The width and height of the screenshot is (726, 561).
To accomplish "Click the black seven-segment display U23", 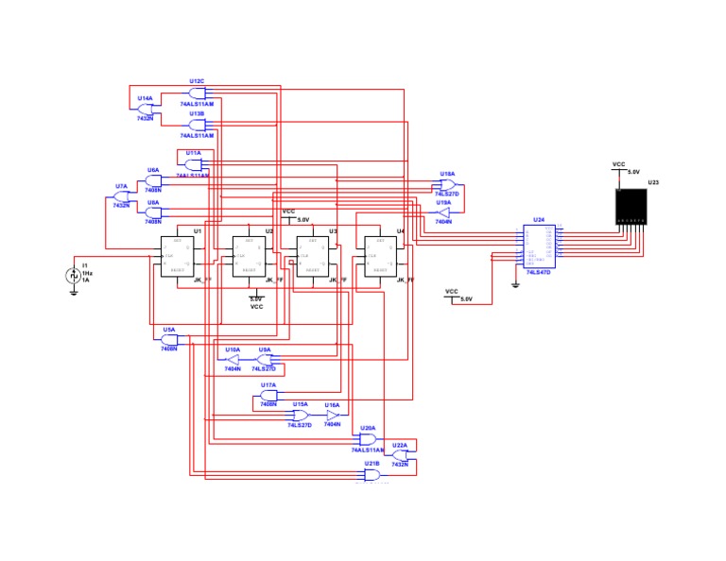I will [x=631, y=206].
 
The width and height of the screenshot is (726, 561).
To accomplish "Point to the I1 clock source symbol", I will [x=73, y=275].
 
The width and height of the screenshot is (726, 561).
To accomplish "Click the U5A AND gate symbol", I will [x=169, y=340].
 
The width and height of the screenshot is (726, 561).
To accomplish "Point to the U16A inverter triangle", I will [x=332, y=415].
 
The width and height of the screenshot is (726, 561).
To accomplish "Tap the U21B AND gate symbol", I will [x=372, y=474].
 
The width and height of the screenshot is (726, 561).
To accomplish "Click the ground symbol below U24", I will [x=515, y=283].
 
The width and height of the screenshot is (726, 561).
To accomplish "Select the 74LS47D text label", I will [x=540, y=272].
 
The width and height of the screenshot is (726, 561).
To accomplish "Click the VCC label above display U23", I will [x=619, y=164].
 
